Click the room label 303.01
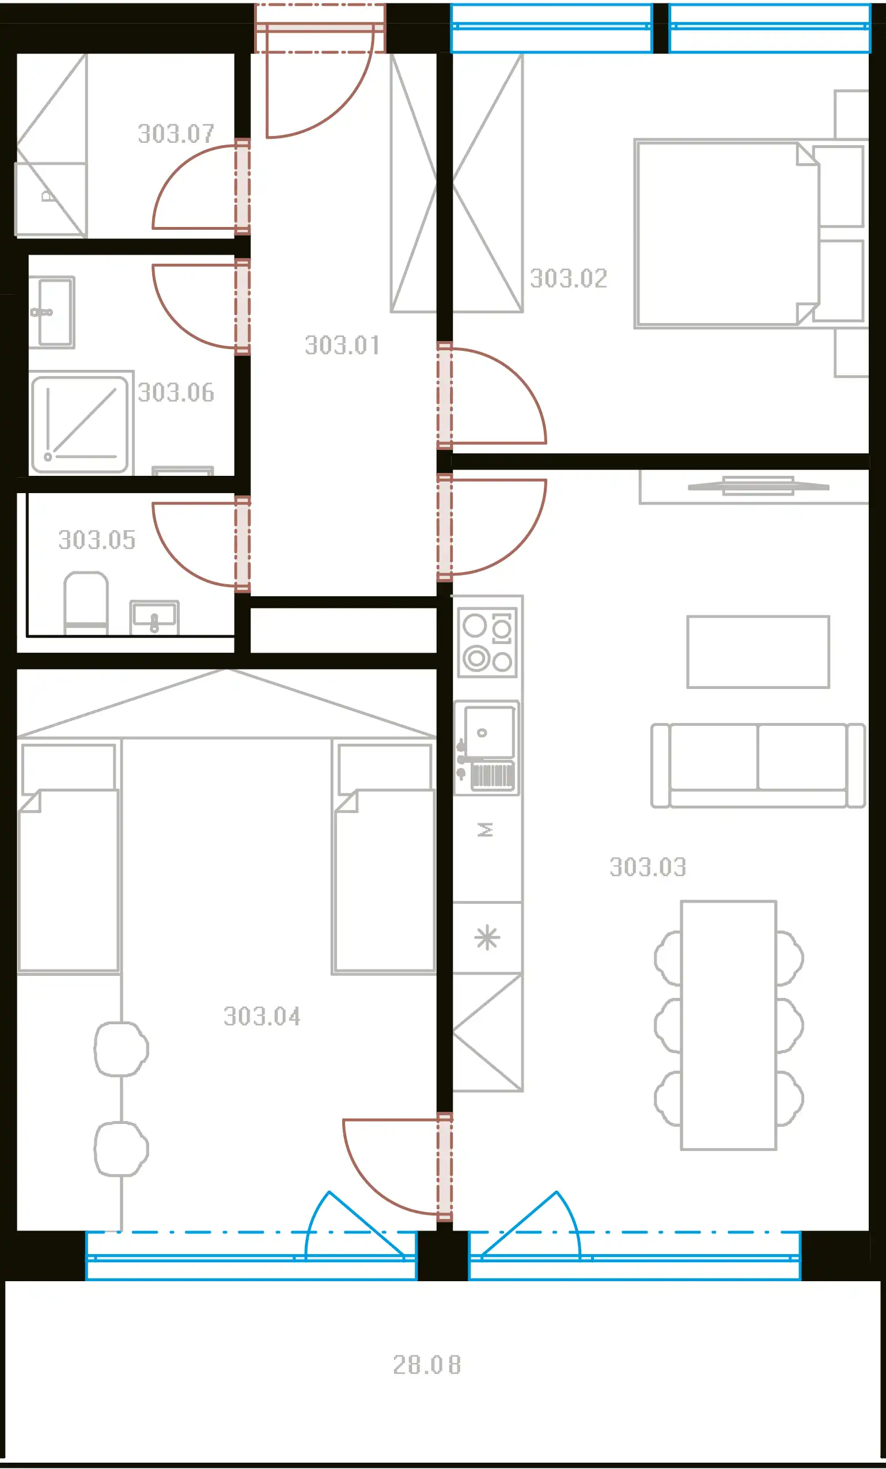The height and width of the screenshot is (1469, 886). [x=342, y=345]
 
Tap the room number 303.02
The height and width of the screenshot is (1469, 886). [x=569, y=278]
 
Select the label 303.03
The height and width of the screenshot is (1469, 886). [x=648, y=868]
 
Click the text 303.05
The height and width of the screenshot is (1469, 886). [x=97, y=540]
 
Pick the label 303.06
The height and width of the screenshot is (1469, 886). [x=176, y=393]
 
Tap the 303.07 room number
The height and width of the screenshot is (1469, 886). [x=176, y=134]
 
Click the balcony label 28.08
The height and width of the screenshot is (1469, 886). [x=427, y=1365]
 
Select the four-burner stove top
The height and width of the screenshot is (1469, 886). [x=487, y=643]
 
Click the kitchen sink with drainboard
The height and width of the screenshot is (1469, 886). [x=487, y=748]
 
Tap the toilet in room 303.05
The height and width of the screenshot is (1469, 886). [x=86, y=603]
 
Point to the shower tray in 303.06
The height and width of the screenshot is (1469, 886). [x=80, y=425]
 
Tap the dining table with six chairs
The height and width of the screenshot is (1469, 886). [x=729, y=1025]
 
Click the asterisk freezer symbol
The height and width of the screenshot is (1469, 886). [x=487, y=938]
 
